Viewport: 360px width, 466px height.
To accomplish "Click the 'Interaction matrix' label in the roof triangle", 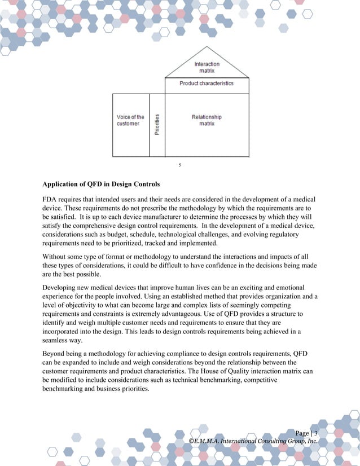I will click(x=207, y=68).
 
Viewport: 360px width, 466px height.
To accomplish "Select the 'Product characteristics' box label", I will click(x=206, y=83).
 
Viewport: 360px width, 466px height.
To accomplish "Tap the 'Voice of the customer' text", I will click(x=130, y=120).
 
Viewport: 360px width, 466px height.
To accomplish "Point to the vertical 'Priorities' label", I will click(x=157, y=125).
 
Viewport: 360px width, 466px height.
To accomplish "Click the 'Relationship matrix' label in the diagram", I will click(x=207, y=120).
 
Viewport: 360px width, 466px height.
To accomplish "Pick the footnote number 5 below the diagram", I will click(x=179, y=165).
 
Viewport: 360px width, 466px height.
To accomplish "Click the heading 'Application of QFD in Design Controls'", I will click(x=101, y=184).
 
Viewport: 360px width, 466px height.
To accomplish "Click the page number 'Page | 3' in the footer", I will click(x=306, y=433).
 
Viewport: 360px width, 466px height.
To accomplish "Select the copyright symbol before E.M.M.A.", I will click(x=192, y=441).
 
